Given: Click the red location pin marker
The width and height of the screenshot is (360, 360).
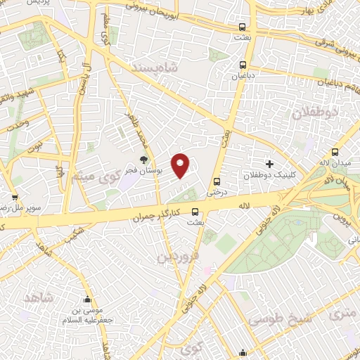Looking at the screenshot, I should point(181,165).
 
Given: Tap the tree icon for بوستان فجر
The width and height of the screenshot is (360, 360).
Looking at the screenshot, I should point(144,161).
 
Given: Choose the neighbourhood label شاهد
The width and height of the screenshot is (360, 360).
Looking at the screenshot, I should point(38,298).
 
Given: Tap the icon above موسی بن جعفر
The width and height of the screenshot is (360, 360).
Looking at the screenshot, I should point(87,299).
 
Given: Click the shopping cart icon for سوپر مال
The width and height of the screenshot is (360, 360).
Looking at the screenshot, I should point(14,198).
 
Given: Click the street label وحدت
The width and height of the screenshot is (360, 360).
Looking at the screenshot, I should point(15,124).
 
